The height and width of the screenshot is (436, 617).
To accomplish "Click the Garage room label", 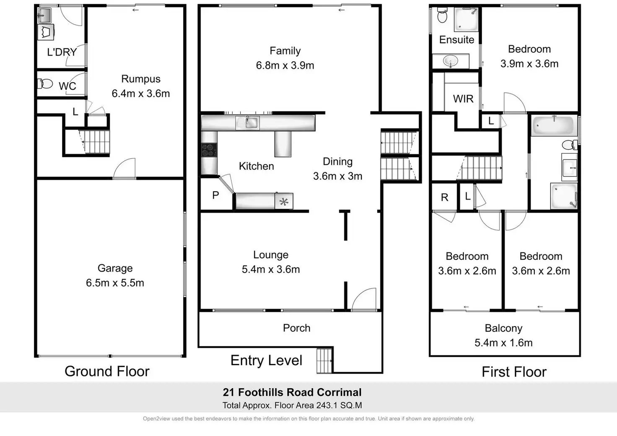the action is (x=115, y=268).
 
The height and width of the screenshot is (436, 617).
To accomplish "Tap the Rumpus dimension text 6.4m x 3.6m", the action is (x=141, y=93).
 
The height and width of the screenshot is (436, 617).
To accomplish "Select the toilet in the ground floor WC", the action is (x=45, y=84).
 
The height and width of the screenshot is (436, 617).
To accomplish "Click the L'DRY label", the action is (x=62, y=52).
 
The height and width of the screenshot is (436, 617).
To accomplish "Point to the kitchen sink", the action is (x=247, y=122).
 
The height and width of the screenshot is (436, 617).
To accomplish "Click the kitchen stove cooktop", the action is (x=208, y=150).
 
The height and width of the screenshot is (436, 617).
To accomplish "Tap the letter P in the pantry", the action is (x=215, y=195).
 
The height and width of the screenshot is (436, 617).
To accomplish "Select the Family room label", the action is (x=285, y=51).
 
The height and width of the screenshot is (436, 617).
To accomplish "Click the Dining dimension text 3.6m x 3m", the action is (x=337, y=176).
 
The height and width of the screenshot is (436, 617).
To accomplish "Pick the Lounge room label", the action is (x=271, y=255).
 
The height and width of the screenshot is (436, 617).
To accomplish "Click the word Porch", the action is (x=296, y=328).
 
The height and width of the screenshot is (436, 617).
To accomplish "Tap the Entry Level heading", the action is (x=266, y=361).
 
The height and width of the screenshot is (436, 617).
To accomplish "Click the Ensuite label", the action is (x=456, y=40).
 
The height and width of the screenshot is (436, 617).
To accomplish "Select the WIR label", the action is (x=463, y=99).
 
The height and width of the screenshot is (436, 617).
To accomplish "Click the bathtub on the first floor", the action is (x=552, y=125).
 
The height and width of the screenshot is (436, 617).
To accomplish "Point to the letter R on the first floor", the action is (x=445, y=197).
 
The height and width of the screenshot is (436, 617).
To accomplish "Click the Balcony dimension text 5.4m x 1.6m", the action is (x=503, y=343).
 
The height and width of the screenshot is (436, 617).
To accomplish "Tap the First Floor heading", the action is (x=514, y=372).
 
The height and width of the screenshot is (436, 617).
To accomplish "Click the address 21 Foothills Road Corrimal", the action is (x=292, y=392).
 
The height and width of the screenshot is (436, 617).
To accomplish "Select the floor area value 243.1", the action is (x=329, y=405).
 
